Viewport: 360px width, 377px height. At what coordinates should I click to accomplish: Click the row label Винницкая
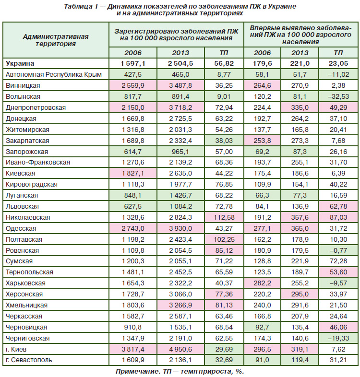(23, 85)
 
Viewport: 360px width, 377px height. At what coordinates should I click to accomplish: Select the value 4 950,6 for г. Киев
(180, 349)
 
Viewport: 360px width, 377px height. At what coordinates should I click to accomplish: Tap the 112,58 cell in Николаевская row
(224, 217)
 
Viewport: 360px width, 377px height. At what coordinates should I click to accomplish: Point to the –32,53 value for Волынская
(338, 97)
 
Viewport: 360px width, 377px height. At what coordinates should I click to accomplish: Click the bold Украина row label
(20, 63)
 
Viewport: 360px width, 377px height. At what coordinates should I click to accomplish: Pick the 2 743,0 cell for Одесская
(133, 228)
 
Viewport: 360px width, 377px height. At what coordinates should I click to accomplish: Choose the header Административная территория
(56, 40)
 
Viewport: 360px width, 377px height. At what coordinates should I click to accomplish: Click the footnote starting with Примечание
(180, 371)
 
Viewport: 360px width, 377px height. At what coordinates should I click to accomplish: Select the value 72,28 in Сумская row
(338, 261)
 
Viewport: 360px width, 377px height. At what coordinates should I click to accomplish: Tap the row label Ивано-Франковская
(38, 162)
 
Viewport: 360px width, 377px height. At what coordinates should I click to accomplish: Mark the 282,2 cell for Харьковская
(262, 283)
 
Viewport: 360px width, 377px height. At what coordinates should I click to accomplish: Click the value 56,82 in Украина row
(224, 63)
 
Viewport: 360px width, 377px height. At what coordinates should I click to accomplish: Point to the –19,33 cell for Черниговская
(338, 338)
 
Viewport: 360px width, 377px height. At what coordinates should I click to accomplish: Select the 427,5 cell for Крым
(133, 74)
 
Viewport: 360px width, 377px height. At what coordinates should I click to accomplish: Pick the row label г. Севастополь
(29, 360)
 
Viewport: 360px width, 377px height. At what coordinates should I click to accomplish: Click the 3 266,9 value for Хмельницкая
(180, 305)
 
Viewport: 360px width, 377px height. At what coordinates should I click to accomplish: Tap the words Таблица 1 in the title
(81, 7)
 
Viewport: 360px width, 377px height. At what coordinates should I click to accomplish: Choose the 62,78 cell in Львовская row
(338, 206)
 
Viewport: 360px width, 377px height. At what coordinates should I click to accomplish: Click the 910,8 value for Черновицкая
(133, 327)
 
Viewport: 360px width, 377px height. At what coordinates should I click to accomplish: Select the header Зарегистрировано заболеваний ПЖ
(176, 31)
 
